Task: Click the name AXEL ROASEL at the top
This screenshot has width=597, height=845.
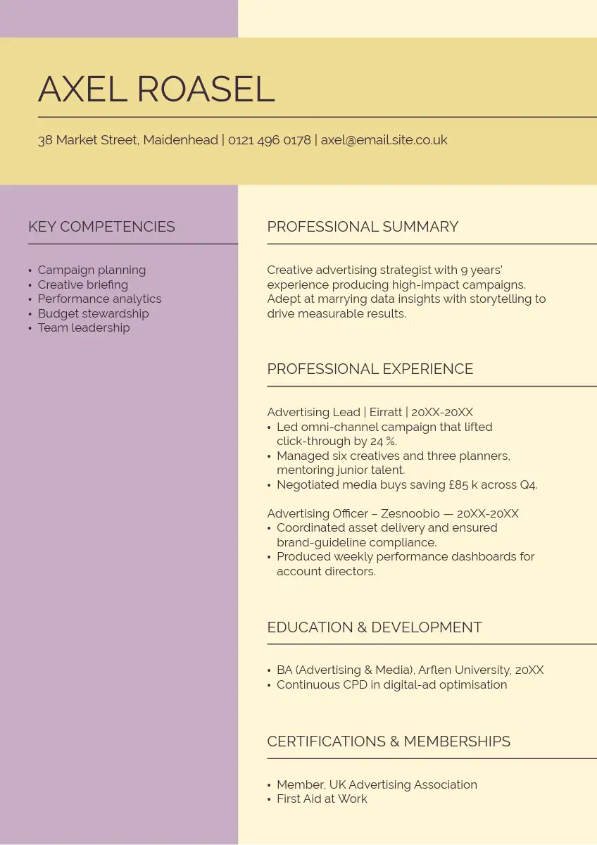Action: click(x=156, y=89)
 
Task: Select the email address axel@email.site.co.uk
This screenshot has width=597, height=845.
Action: click(x=384, y=140)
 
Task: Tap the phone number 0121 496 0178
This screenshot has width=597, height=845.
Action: click(x=269, y=140)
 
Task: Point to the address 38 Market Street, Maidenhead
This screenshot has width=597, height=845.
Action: click(x=127, y=140)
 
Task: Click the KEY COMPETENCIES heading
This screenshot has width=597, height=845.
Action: click(x=101, y=227)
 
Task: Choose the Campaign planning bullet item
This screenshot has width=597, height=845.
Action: click(x=92, y=270)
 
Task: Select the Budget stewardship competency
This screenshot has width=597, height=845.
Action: click(x=93, y=313)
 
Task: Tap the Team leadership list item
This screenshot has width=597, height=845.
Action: click(x=84, y=328)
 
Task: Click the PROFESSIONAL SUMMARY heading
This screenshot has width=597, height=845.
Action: click(x=363, y=227)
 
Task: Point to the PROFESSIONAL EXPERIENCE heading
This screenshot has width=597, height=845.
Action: click(x=370, y=369)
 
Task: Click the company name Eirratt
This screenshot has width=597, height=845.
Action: click(x=386, y=413)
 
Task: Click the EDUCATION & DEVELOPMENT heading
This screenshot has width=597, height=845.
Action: click(x=375, y=627)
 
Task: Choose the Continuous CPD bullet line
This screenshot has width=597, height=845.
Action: click(x=391, y=685)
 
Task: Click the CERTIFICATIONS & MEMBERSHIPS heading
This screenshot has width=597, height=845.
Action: click(x=389, y=741)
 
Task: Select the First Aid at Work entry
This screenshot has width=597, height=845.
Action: click(x=322, y=799)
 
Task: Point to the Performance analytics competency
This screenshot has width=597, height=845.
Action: click(x=99, y=299)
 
